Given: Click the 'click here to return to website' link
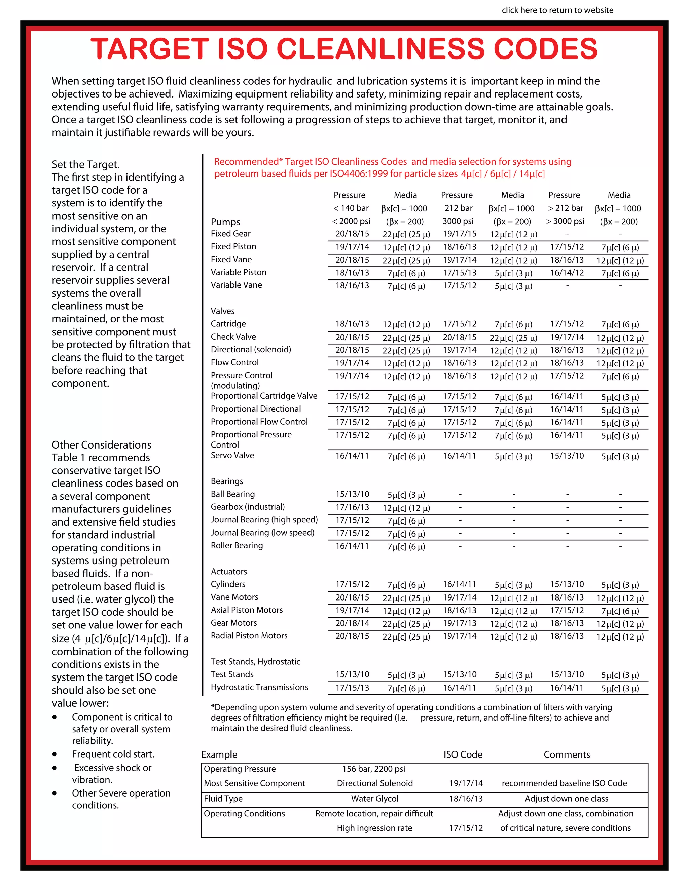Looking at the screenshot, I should pos(557,10).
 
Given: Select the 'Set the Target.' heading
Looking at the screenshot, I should pos(86,164).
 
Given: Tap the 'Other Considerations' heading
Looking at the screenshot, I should pos(101,445).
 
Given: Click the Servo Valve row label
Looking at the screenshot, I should pos(232,455).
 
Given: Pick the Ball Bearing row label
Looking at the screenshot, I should pos(233,494).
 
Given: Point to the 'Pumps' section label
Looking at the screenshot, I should pos(225,222).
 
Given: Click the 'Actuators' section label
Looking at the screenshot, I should pos(228,572).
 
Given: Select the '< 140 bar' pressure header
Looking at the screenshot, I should pos(351,208).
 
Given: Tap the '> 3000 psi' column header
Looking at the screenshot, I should pos(565,221).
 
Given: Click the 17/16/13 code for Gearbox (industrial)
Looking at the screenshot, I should pos(352,507).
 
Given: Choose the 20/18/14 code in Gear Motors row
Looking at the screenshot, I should pos(352,623).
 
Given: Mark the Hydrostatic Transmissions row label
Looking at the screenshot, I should pos(259,688).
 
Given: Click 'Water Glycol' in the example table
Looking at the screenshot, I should pos(374,799).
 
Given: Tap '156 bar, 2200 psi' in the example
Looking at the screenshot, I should pos(373,769).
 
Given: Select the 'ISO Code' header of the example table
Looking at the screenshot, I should pos(463,755).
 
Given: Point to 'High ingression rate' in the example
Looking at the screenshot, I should pos(374,828).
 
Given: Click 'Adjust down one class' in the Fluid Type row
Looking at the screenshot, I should pos(566,799).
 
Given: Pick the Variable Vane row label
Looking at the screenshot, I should pos(236,285).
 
